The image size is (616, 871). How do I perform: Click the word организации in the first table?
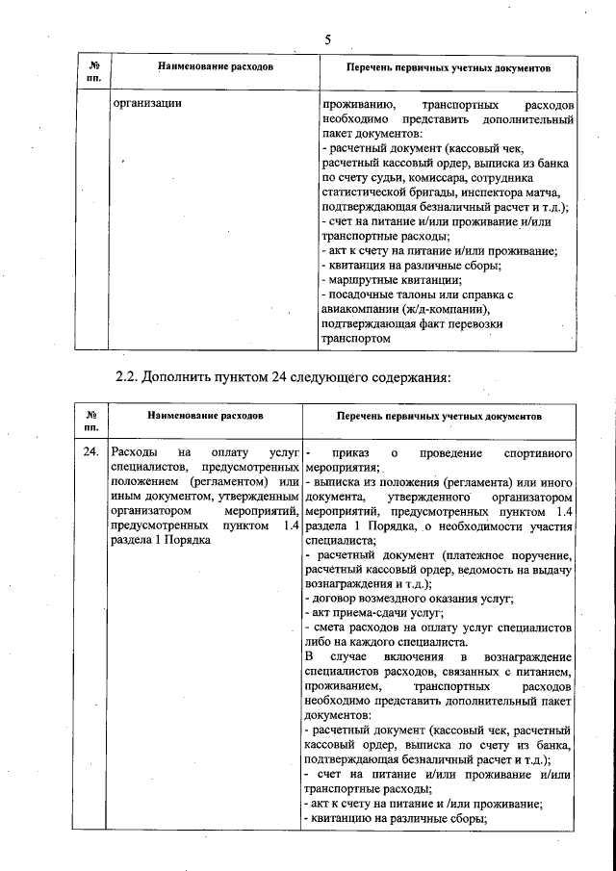pyautogui.click(x=147, y=102)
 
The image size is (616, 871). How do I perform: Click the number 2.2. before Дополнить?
pyautogui.click(x=128, y=376)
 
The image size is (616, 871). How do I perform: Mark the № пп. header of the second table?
pyautogui.click(x=91, y=419)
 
